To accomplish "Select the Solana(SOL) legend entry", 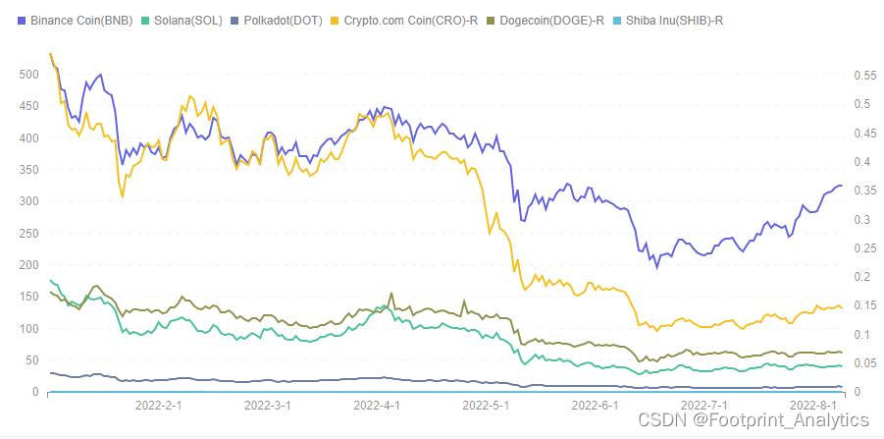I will coord(186,20).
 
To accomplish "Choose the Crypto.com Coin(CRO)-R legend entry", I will coord(411,20).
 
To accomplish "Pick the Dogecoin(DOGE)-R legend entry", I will coord(557,20).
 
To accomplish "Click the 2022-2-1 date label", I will coord(159,405).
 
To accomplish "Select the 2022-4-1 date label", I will coord(377,405).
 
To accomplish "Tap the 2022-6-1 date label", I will coord(594,405).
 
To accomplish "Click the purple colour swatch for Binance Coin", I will coord(22,20).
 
